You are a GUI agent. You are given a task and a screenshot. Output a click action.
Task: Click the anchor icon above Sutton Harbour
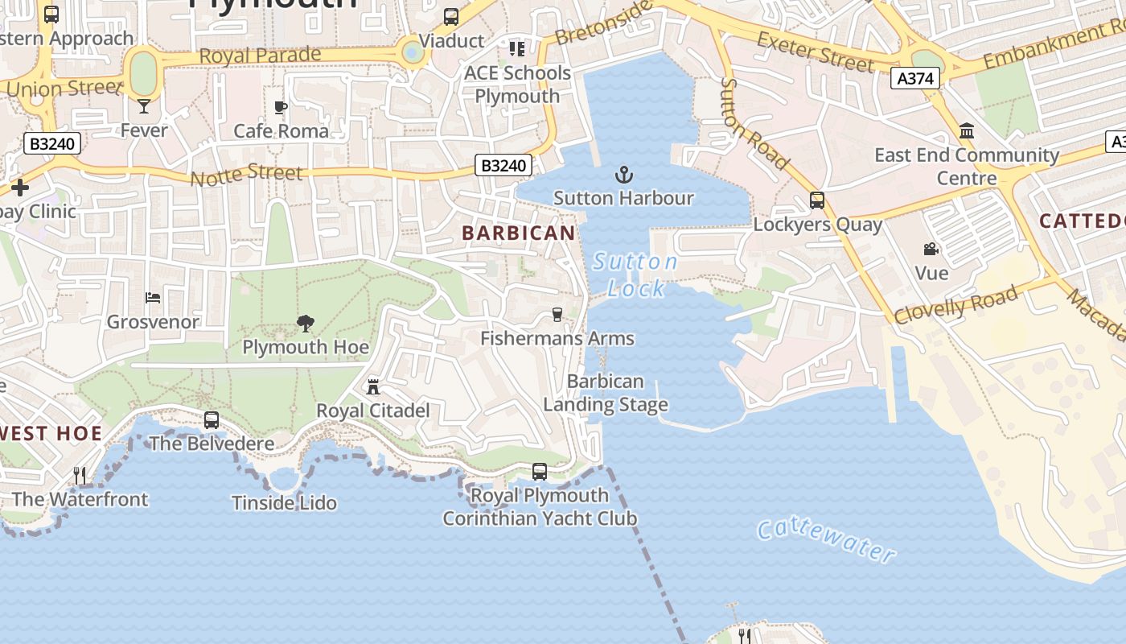point(623,175)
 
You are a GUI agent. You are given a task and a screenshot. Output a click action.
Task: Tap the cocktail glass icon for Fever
point(144,105)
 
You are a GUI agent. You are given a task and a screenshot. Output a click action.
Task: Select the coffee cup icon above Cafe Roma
point(281,107)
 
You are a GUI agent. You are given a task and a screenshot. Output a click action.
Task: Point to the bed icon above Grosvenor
point(153,298)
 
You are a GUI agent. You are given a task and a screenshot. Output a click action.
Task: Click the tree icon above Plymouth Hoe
point(306,324)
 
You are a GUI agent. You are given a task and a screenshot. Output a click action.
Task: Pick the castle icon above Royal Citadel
point(373,387)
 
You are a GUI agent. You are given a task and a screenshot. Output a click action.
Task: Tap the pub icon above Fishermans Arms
point(557,315)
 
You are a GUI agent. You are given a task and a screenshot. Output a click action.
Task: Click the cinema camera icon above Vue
point(931,250)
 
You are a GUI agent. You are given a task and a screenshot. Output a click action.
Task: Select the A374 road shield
point(915,78)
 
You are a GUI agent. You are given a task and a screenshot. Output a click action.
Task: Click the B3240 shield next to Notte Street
point(503,166)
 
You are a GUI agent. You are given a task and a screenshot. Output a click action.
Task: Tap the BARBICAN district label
point(519,233)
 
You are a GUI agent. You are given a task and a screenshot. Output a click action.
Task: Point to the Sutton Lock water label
point(635,275)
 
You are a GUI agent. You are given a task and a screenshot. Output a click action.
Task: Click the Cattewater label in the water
point(826,540)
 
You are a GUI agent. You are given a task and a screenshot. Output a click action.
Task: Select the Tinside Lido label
point(284,503)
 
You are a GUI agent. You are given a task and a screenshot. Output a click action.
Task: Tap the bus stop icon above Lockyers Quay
point(817,200)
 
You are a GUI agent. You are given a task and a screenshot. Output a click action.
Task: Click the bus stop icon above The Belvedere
point(212,420)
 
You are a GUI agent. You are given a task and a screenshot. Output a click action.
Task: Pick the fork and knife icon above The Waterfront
point(80,476)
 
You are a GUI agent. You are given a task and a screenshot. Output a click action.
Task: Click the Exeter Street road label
point(815,52)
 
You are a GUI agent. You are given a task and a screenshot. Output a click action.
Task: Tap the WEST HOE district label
point(50,434)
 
